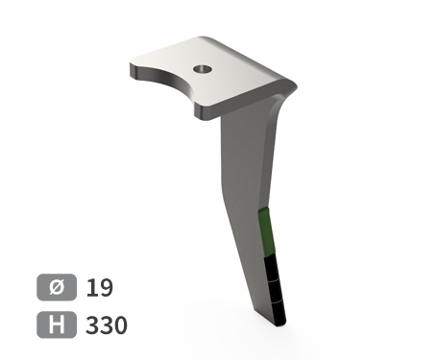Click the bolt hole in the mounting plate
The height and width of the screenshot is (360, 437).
203,69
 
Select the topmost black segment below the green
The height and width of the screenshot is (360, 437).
273,269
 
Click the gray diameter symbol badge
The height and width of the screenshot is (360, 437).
57,287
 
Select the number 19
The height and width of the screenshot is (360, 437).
100,288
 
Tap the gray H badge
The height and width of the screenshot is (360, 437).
57,324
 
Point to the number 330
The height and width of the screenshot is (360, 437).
107,325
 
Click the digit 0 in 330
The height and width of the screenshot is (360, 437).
121,325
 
